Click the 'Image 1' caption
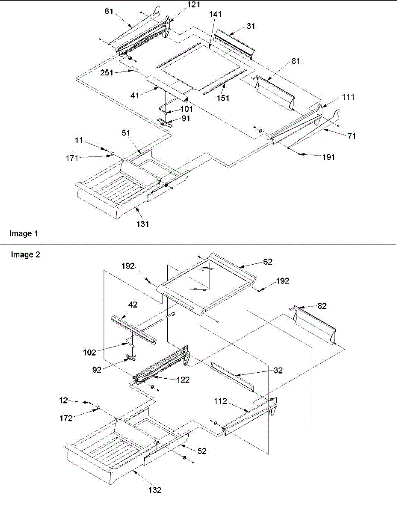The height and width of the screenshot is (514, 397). pos(24,233)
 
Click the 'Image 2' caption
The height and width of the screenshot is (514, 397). pos(25,255)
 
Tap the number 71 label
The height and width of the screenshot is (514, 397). pos(352,136)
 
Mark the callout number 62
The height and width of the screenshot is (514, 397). pos(268,261)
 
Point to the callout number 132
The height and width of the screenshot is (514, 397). pos(155,490)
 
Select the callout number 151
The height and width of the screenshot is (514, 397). pos(222,98)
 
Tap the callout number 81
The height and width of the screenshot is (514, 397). pos(296,61)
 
